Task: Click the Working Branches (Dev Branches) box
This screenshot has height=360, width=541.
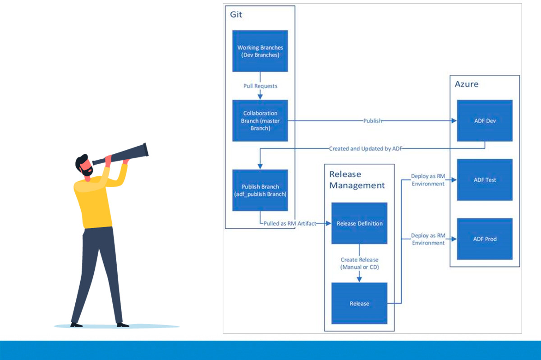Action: tap(260, 51)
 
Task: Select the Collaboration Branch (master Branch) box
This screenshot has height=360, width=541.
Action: tap(260, 120)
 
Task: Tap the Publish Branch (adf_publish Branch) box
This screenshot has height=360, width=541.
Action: tap(260, 190)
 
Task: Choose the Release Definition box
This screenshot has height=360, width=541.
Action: tap(359, 223)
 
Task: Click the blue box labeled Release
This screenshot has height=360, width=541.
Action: tap(359, 303)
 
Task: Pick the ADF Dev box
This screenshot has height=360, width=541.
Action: tap(485, 120)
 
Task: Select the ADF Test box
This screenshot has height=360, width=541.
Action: tap(485, 180)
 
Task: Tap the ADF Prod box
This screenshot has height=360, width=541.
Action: tap(485, 239)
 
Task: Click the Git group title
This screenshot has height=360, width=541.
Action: tap(236, 14)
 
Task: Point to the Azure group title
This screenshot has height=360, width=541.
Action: tap(467, 84)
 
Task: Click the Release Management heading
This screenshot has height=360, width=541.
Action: tap(357, 180)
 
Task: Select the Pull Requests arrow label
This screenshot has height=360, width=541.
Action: tap(260, 86)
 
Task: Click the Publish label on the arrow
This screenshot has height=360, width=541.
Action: tap(373, 120)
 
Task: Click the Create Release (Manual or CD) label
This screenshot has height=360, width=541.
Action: tap(359, 263)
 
